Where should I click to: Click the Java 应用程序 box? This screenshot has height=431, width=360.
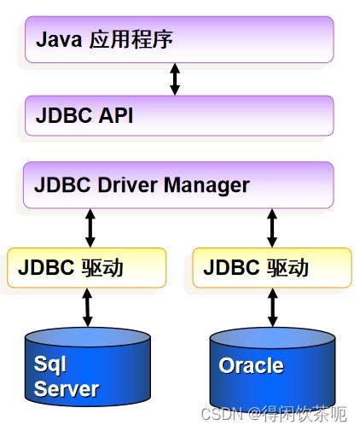(179, 39)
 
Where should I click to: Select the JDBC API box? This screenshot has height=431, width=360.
(179, 115)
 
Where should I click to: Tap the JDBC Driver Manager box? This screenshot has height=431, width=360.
(179, 184)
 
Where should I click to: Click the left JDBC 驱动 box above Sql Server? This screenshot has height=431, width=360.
(86, 267)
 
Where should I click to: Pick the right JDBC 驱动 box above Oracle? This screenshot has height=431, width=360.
(272, 267)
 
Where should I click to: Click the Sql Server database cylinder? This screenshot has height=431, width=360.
(89, 371)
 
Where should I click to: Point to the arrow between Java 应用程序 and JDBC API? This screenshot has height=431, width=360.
(175, 79)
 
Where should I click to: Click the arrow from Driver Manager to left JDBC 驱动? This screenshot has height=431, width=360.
(90, 228)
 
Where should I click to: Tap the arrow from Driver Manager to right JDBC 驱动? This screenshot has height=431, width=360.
(272, 228)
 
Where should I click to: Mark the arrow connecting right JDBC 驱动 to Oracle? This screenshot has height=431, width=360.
(272, 306)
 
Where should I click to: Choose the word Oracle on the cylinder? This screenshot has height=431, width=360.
(251, 365)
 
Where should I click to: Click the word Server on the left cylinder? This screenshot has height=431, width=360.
(67, 389)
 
